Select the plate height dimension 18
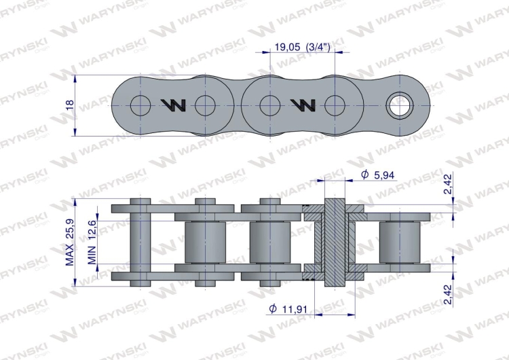coord(69,105)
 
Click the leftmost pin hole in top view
coord(140,105)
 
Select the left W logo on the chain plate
coord(173,105)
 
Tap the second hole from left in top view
coord(205,105)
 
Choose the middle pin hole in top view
coord(269,105)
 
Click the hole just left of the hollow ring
coord(334,105)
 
